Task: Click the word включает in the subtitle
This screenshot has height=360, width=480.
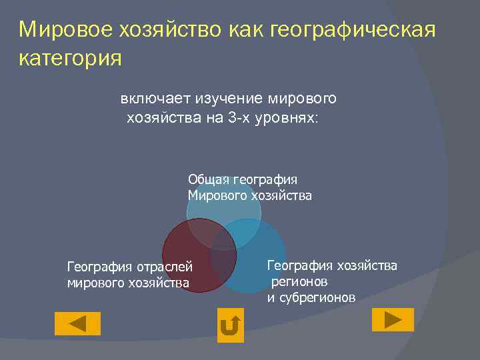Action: pyautogui.click(x=155, y=99)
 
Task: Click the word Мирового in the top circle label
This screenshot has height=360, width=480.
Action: pyautogui.click(x=217, y=196)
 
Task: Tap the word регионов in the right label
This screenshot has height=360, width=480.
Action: pyautogui.click(x=299, y=281)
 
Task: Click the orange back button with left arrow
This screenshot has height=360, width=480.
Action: pyautogui.click(x=77, y=323)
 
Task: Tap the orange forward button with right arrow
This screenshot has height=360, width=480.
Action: pyautogui.click(x=393, y=319)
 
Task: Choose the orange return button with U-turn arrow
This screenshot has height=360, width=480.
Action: pyautogui.click(x=231, y=325)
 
